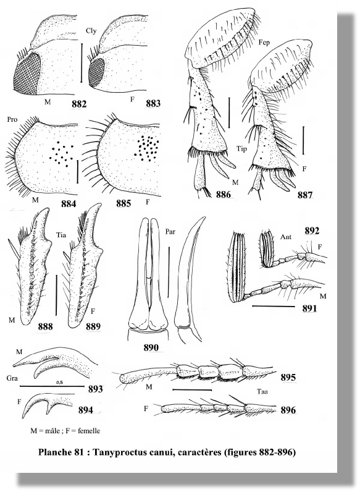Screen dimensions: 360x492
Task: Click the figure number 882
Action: pyautogui.click(x=78, y=104)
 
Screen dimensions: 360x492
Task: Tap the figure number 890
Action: pyautogui.click(x=151, y=347)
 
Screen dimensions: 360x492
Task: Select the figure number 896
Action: pyautogui.click(x=288, y=410)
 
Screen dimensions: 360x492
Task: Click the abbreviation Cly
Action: pyautogui.click(x=91, y=31)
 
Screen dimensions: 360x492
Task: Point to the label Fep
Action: pyautogui.click(x=264, y=43)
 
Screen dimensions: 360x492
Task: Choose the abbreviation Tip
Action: pyautogui.click(x=241, y=149)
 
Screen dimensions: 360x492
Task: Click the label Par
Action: pyautogui.click(x=170, y=232)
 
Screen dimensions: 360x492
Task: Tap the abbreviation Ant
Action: pyautogui.click(x=287, y=236)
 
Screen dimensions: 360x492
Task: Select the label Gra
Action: pyautogui.click(x=11, y=378)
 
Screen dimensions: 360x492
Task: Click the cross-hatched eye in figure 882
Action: pyautogui.click(x=27, y=72)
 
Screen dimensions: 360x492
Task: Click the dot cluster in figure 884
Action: pyautogui.click(x=61, y=153)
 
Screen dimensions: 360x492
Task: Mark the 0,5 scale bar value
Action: pyautogui.click(x=59, y=383)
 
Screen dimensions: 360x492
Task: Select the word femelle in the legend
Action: pyautogui.click(x=89, y=431)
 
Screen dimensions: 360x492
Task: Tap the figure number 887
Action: pyautogui.click(x=305, y=195)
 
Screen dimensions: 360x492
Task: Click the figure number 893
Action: pyautogui.click(x=96, y=389)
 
